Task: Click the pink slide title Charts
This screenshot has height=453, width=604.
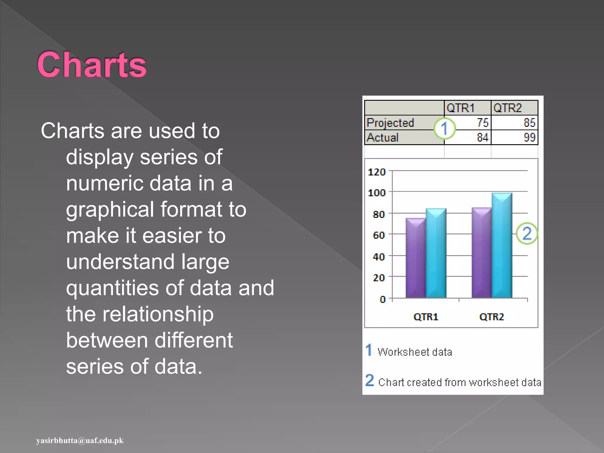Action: coord(92,65)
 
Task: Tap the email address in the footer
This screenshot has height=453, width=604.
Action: coord(80,441)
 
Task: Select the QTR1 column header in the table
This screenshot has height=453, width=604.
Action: coord(460,108)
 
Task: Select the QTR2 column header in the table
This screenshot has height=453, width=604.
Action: coord(508,108)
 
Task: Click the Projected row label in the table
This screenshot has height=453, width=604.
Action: coord(390,123)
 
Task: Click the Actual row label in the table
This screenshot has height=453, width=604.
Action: coord(383,137)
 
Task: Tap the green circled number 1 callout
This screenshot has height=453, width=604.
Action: coord(444,129)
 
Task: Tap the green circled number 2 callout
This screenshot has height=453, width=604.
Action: coord(527,233)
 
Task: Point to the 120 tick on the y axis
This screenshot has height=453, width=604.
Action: coord(377,172)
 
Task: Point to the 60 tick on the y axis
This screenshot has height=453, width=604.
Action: coord(379,235)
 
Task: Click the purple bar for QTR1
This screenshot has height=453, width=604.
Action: coord(416,260)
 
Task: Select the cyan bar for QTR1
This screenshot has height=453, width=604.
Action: coord(436,255)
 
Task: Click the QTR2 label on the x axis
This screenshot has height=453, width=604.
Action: coord(491,317)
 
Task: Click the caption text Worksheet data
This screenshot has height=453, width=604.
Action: coord(414,352)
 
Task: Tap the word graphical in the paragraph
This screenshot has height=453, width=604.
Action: coord(110,210)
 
